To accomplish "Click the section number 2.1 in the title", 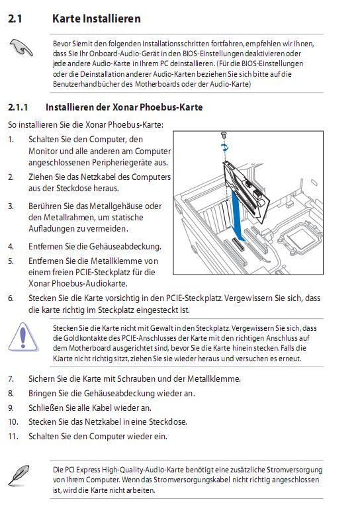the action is tap(15, 19).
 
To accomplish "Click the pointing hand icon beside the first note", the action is tap(21, 47).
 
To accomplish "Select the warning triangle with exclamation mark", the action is tap(22, 337).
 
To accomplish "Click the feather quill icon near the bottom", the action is tap(19, 475).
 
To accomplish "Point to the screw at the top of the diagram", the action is tap(224, 134).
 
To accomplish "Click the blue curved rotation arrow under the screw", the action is tap(225, 147).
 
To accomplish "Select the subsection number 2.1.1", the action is tap(18, 107).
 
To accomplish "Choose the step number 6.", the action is tap(11, 298).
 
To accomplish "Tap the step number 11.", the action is tap(13, 436).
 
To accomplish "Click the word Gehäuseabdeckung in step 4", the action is tap(125, 247).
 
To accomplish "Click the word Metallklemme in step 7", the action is tap(214, 379).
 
